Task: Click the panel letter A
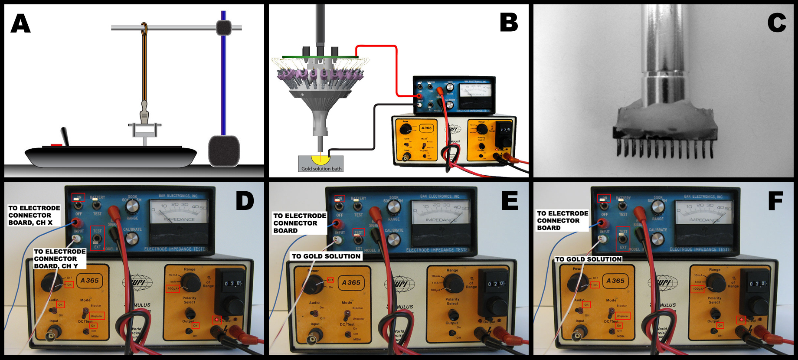pos(20,24)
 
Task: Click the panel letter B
pos(509,22)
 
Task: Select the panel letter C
pos(776,23)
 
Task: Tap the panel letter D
pos(245,201)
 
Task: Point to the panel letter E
pos(510,201)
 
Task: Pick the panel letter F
pos(775,201)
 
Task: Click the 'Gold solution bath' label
pos(321,169)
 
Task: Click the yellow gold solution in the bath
pos(320,159)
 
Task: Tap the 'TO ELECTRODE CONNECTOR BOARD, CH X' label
pos(34,215)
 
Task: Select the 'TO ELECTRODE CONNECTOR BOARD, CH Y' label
pos(59,259)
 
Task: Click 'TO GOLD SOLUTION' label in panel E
pos(326,256)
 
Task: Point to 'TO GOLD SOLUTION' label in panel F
pos(589,259)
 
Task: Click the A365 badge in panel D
pos(89,281)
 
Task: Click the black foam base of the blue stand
pos(224,151)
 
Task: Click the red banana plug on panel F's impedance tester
pos(600,223)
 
